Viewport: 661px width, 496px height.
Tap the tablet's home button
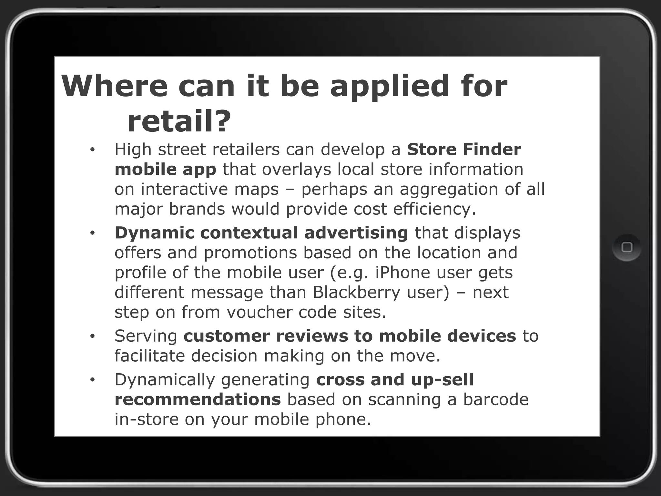626,247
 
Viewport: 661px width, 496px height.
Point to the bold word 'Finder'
492,150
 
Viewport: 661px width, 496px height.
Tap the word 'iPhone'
402,273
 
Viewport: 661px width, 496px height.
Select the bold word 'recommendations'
198,399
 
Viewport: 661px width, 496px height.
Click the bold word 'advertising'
356,233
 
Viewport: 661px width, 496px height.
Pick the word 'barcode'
496,399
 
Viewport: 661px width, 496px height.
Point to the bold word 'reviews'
312,336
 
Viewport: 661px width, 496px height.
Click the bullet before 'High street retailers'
92,150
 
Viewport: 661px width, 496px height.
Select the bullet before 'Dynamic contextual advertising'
92,233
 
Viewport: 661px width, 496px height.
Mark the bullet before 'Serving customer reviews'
92,336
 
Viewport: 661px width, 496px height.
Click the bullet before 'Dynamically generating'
92,380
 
